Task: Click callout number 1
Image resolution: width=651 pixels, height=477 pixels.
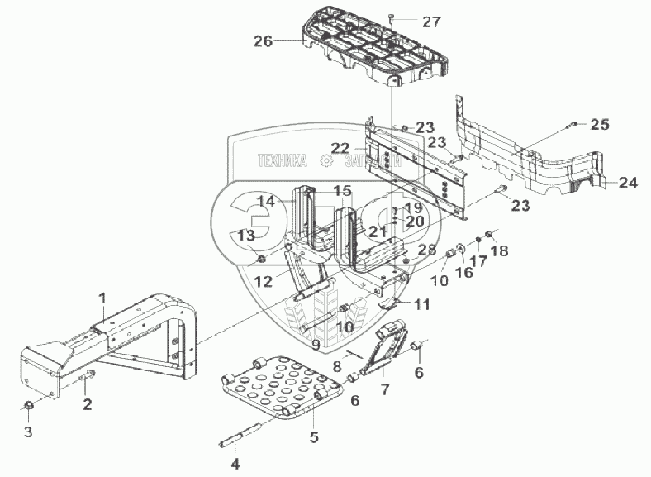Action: [x=102, y=297]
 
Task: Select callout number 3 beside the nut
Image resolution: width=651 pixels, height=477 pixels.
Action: [x=27, y=431]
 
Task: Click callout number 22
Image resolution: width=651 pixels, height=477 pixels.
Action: [x=340, y=148]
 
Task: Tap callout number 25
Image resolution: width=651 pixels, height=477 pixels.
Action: [x=600, y=125]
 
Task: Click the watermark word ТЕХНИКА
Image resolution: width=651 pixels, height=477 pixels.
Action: [x=282, y=161]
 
